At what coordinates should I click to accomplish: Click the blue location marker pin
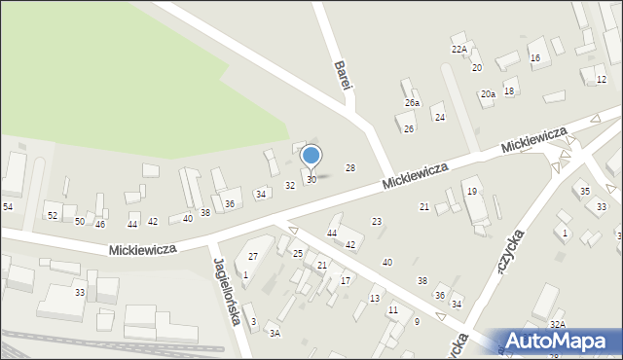(311, 156)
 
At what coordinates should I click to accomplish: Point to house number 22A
(458, 50)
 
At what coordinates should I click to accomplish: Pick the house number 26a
(413, 103)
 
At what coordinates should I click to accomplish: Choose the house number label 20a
(488, 94)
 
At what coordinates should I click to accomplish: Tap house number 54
(8, 207)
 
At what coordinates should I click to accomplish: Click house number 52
(53, 215)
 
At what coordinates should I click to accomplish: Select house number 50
(80, 222)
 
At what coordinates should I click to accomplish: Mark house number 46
(100, 225)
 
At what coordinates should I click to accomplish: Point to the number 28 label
(350, 168)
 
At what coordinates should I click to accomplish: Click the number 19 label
(471, 192)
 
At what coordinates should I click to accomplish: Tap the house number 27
(253, 256)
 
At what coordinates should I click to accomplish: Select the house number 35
(585, 192)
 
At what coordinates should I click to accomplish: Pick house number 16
(535, 58)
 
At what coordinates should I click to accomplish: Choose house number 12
(600, 80)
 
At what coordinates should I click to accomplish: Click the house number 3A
(275, 334)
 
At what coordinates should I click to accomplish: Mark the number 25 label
(298, 254)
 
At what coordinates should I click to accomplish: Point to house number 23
(377, 223)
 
